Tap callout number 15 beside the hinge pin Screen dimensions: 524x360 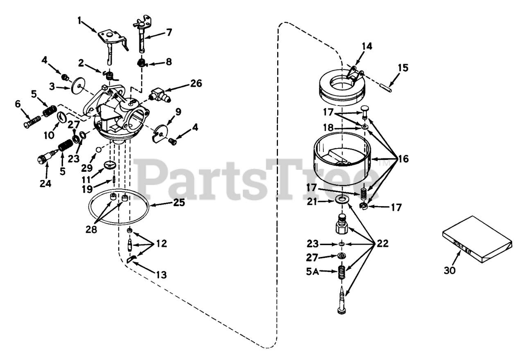coord(403,68)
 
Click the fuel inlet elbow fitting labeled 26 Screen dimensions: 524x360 coord(158,94)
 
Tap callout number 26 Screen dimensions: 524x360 coord(196,83)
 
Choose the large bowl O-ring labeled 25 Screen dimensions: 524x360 coord(119,209)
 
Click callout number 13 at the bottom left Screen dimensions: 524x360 coord(161,275)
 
